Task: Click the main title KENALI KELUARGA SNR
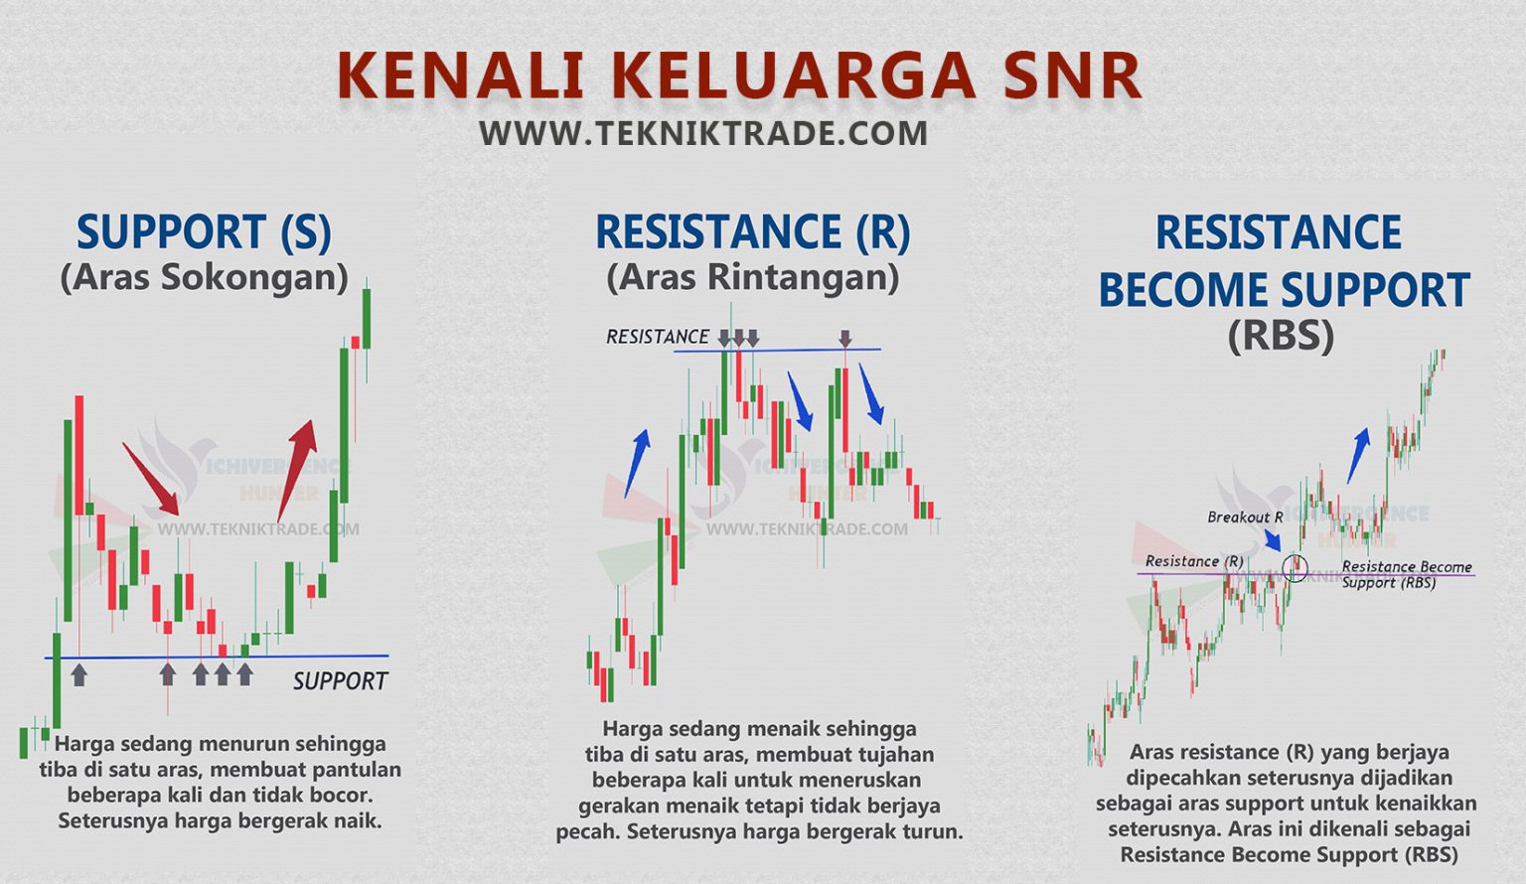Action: (x=739, y=75)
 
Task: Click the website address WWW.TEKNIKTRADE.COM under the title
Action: (x=703, y=133)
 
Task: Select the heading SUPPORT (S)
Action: (x=204, y=232)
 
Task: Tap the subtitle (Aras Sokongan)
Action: (x=204, y=277)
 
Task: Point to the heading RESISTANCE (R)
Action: (x=752, y=232)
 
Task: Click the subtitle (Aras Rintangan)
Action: (x=752, y=277)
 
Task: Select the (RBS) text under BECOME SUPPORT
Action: (x=1281, y=336)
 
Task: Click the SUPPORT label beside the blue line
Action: (x=340, y=681)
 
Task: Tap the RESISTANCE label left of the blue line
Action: (x=658, y=338)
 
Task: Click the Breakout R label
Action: (x=1245, y=517)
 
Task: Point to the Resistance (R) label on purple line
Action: (x=1194, y=561)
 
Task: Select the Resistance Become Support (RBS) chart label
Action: (x=1406, y=574)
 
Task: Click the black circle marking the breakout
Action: (x=1295, y=568)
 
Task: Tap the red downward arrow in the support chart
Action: (x=150, y=478)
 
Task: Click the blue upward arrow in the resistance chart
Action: (x=637, y=463)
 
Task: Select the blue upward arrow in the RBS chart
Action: (x=1358, y=455)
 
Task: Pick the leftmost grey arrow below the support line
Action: (x=78, y=674)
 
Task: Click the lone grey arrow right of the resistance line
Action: (x=845, y=338)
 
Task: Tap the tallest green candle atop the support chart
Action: (x=367, y=318)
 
